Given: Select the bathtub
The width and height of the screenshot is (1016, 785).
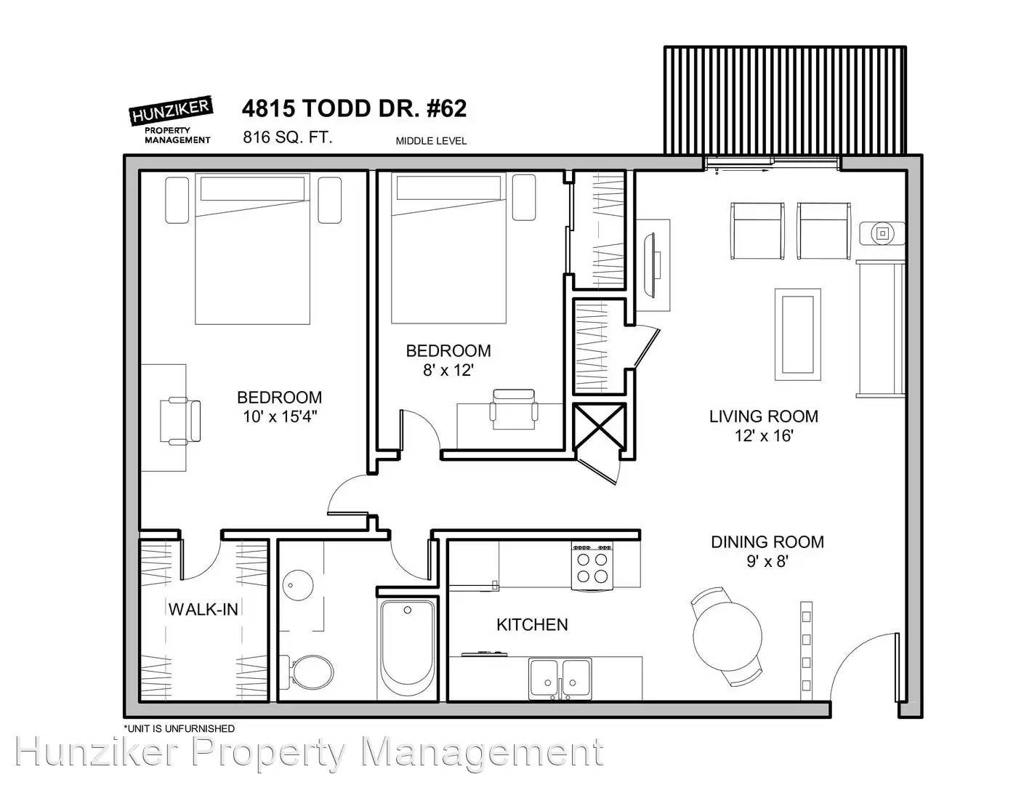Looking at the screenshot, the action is [408, 650].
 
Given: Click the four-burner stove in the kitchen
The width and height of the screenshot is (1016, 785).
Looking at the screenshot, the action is [592, 566].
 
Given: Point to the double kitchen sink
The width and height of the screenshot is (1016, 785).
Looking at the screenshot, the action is [560, 678].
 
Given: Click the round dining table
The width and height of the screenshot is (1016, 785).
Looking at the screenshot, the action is [727, 636].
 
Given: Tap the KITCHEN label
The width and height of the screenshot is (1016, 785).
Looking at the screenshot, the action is [532, 624].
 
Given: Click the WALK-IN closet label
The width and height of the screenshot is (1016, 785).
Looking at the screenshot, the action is [203, 609].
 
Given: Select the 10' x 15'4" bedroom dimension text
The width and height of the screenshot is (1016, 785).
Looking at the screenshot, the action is [280, 416].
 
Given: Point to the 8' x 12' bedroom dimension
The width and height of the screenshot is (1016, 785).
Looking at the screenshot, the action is [448, 370].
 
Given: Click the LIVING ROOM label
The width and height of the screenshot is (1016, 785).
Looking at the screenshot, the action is [764, 416].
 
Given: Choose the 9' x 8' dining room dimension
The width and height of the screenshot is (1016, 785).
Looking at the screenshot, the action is [767, 560].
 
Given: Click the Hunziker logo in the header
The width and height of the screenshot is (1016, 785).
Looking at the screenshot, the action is [171, 119].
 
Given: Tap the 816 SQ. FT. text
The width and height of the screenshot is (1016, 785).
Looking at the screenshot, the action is [288, 137].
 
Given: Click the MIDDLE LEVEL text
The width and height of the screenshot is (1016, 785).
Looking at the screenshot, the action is [431, 141].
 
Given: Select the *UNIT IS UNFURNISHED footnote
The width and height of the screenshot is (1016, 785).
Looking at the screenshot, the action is [179, 728].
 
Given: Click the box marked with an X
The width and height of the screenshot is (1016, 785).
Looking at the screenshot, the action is [600, 427].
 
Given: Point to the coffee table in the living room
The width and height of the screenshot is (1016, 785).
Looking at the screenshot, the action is [798, 334].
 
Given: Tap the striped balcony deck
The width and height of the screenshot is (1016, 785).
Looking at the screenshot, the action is [785, 100].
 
